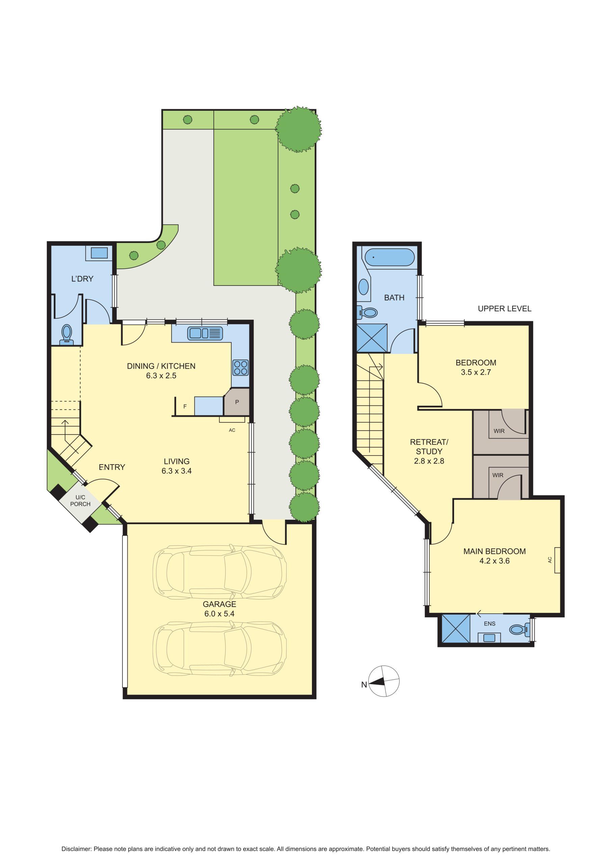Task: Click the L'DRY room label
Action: click(82, 279)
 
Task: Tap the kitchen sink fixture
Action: click(205, 333)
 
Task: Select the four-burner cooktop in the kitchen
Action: click(240, 368)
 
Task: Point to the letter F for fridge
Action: click(185, 406)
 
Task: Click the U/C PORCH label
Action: click(80, 501)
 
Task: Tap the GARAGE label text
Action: click(219, 604)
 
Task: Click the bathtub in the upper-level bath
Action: click(390, 257)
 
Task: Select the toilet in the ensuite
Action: click(520, 629)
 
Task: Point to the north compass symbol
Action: click(383, 681)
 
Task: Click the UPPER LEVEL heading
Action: click(504, 308)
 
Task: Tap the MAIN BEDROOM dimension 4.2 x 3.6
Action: click(494, 561)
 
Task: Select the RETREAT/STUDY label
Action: click(429, 446)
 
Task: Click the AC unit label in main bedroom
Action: click(550, 560)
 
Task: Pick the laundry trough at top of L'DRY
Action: click(99, 253)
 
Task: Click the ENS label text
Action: click(489, 623)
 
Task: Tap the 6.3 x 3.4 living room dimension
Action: click(177, 471)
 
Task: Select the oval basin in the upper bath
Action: click(363, 287)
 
